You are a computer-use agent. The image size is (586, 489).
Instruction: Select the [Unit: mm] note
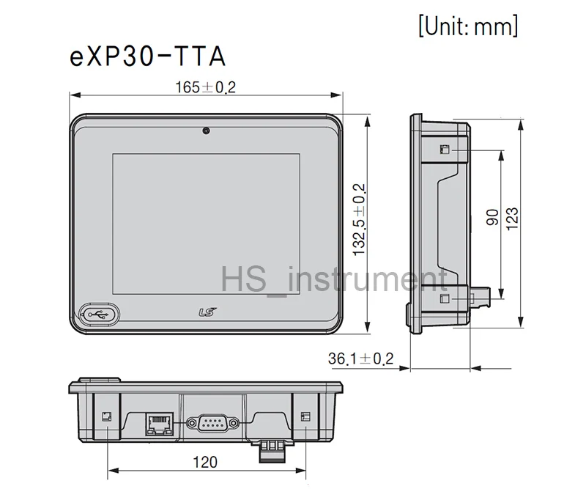point(468,26)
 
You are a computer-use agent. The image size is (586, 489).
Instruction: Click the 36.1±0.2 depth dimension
point(360,359)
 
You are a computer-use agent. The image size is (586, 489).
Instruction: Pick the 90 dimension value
point(492,217)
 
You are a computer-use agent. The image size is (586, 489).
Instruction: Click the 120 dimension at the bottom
point(206,462)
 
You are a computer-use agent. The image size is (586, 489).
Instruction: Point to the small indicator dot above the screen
point(207,131)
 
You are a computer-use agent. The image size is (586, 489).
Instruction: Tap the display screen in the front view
point(206,220)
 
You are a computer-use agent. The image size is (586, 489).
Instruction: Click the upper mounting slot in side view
point(444,150)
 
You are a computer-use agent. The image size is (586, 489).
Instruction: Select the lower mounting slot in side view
point(444,299)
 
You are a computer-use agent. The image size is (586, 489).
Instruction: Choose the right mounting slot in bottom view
point(305,416)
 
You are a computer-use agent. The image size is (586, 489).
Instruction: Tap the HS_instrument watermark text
point(334,282)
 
